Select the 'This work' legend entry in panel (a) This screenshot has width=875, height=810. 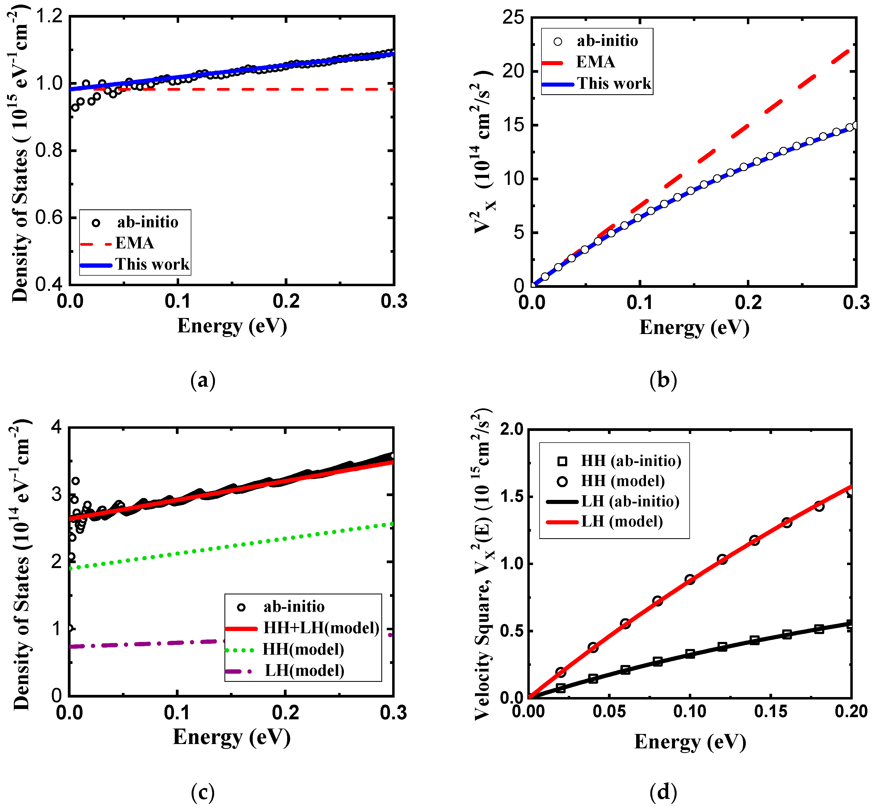tap(152, 264)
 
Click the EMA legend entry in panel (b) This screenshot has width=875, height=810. tap(595, 62)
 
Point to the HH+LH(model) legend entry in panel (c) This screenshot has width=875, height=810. tap(321, 628)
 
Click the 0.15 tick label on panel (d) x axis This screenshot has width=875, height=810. tap(771, 711)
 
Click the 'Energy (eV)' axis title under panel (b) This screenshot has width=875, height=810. tap(694, 327)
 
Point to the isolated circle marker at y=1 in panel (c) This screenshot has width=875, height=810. tap(69, 628)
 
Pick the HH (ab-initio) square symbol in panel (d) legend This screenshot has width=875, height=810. tap(562, 461)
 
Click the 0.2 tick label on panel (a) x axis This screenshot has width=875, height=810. tap(286, 302)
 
